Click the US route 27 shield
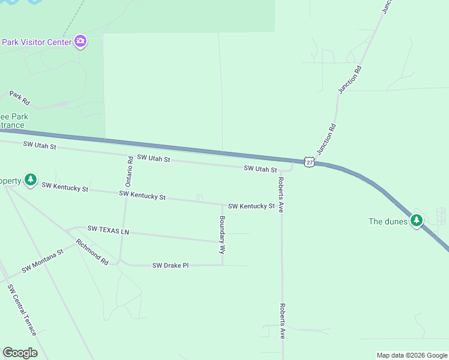[309, 162]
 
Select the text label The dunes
[388, 221]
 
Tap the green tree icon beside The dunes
[417, 220]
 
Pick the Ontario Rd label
[129, 170]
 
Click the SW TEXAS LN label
[108, 229]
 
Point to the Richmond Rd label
[92, 252]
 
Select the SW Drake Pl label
[170, 265]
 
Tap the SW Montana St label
[43, 262]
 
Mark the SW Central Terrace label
[22, 310]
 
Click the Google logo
[20, 353]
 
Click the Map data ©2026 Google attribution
[412, 355]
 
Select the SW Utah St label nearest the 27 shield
[260, 170]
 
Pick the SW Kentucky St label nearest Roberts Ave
[251, 206]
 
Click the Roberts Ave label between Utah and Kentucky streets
[280, 195]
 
